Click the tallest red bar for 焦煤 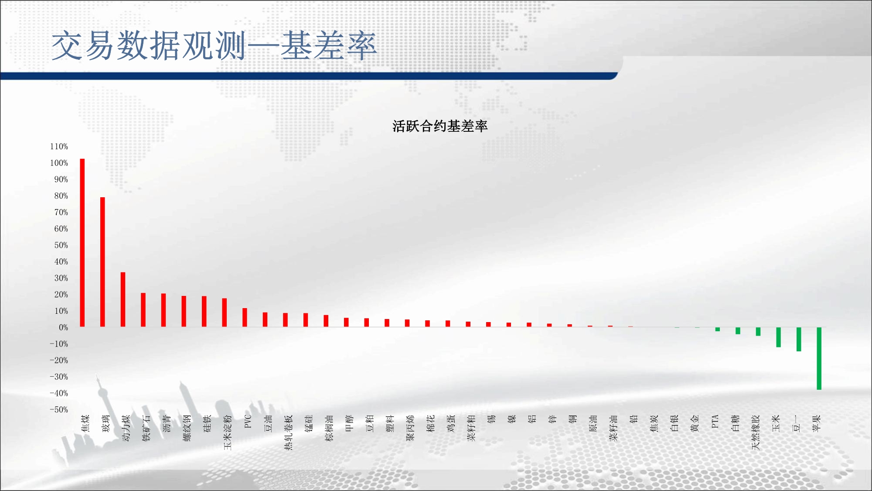pyautogui.click(x=82, y=243)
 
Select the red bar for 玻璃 pyautogui.click(x=102, y=262)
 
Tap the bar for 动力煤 pyautogui.click(x=123, y=299)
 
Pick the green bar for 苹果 pyautogui.click(x=819, y=358)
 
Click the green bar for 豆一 pyautogui.click(x=799, y=339)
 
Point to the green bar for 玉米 pyautogui.click(x=778, y=337)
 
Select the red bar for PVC pyautogui.click(x=245, y=317)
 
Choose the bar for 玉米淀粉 pyautogui.click(x=225, y=312)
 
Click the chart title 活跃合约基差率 pyautogui.click(x=440, y=126)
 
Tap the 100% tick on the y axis pyautogui.click(x=59, y=163)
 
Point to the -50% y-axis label pyautogui.click(x=59, y=409)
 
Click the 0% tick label pyautogui.click(x=64, y=327)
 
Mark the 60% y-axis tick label pyautogui.click(x=61, y=229)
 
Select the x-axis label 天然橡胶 pyautogui.click(x=756, y=432)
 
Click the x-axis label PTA pyautogui.click(x=715, y=421)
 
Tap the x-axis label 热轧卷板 pyautogui.click(x=288, y=432)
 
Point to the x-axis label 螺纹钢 pyautogui.click(x=187, y=428)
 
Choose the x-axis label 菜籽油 pyautogui.click(x=613, y=428)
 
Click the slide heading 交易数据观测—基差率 pyautogui.click(x=214, y=45)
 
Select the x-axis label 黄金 pyautogui.click(x=695, y=423)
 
